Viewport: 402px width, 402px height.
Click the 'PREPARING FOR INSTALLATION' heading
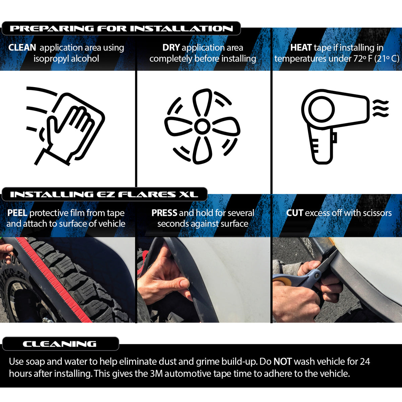click(x=121, y=28)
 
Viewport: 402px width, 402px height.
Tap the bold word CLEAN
click(x=22, y=48)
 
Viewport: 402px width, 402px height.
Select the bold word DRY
click(x=171, y=48)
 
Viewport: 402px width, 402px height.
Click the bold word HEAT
click(x=301, y=48)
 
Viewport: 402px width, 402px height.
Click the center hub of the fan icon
click(x=202, y=126)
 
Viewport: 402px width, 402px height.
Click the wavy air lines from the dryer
click(x=381, y=108)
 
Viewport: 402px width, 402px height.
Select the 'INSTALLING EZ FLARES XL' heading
click(x=104, y=194)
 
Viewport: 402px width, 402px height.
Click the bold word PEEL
click(x=17, y=213)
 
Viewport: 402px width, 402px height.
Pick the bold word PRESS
click(x=164, y=213)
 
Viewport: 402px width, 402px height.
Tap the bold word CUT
click(x=294, y=213)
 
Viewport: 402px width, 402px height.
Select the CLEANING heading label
click(x=60, y=344)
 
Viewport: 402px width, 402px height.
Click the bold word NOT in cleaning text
click(x=282, y=361)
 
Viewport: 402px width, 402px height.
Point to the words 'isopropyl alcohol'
click(x=66, y=59)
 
